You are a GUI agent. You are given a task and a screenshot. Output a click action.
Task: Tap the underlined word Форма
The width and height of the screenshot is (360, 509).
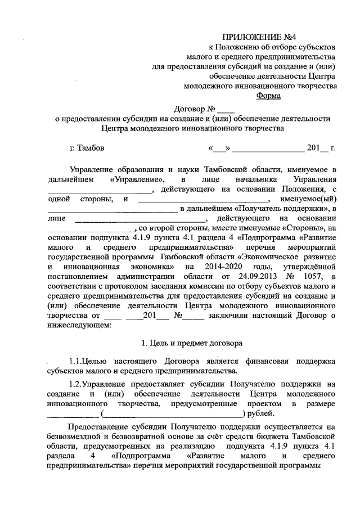(x=269, y=96)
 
